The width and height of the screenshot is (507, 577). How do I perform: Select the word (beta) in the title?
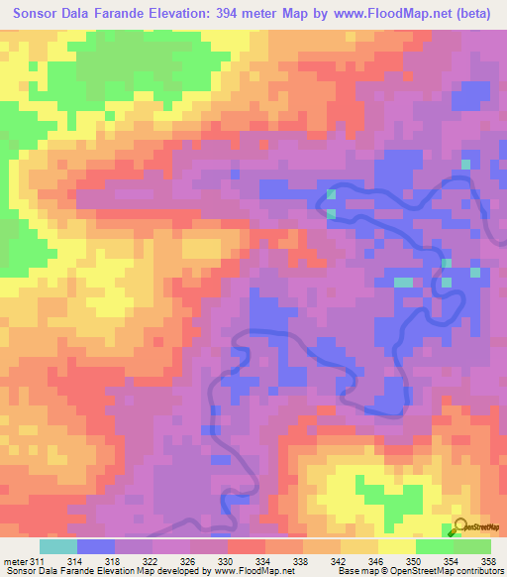476,13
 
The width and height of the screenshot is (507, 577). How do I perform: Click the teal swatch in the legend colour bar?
57,546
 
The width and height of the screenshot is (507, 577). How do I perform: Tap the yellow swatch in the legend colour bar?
396,546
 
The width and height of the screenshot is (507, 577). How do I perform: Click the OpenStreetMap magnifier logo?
460,528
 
